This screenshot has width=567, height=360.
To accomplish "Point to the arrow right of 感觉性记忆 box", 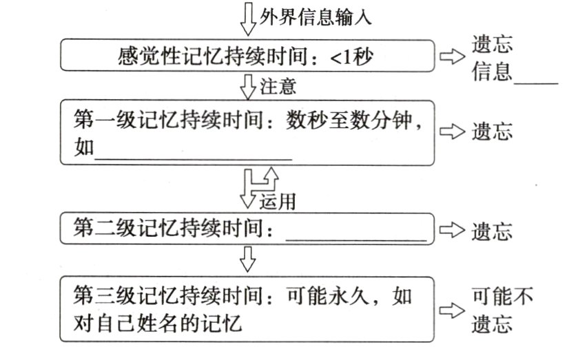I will (453, 57).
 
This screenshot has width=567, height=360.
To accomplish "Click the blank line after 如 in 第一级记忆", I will (192, 155).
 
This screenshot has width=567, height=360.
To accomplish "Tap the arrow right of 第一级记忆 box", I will (453, 132).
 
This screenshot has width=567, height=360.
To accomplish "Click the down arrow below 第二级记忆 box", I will (247, 260).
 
